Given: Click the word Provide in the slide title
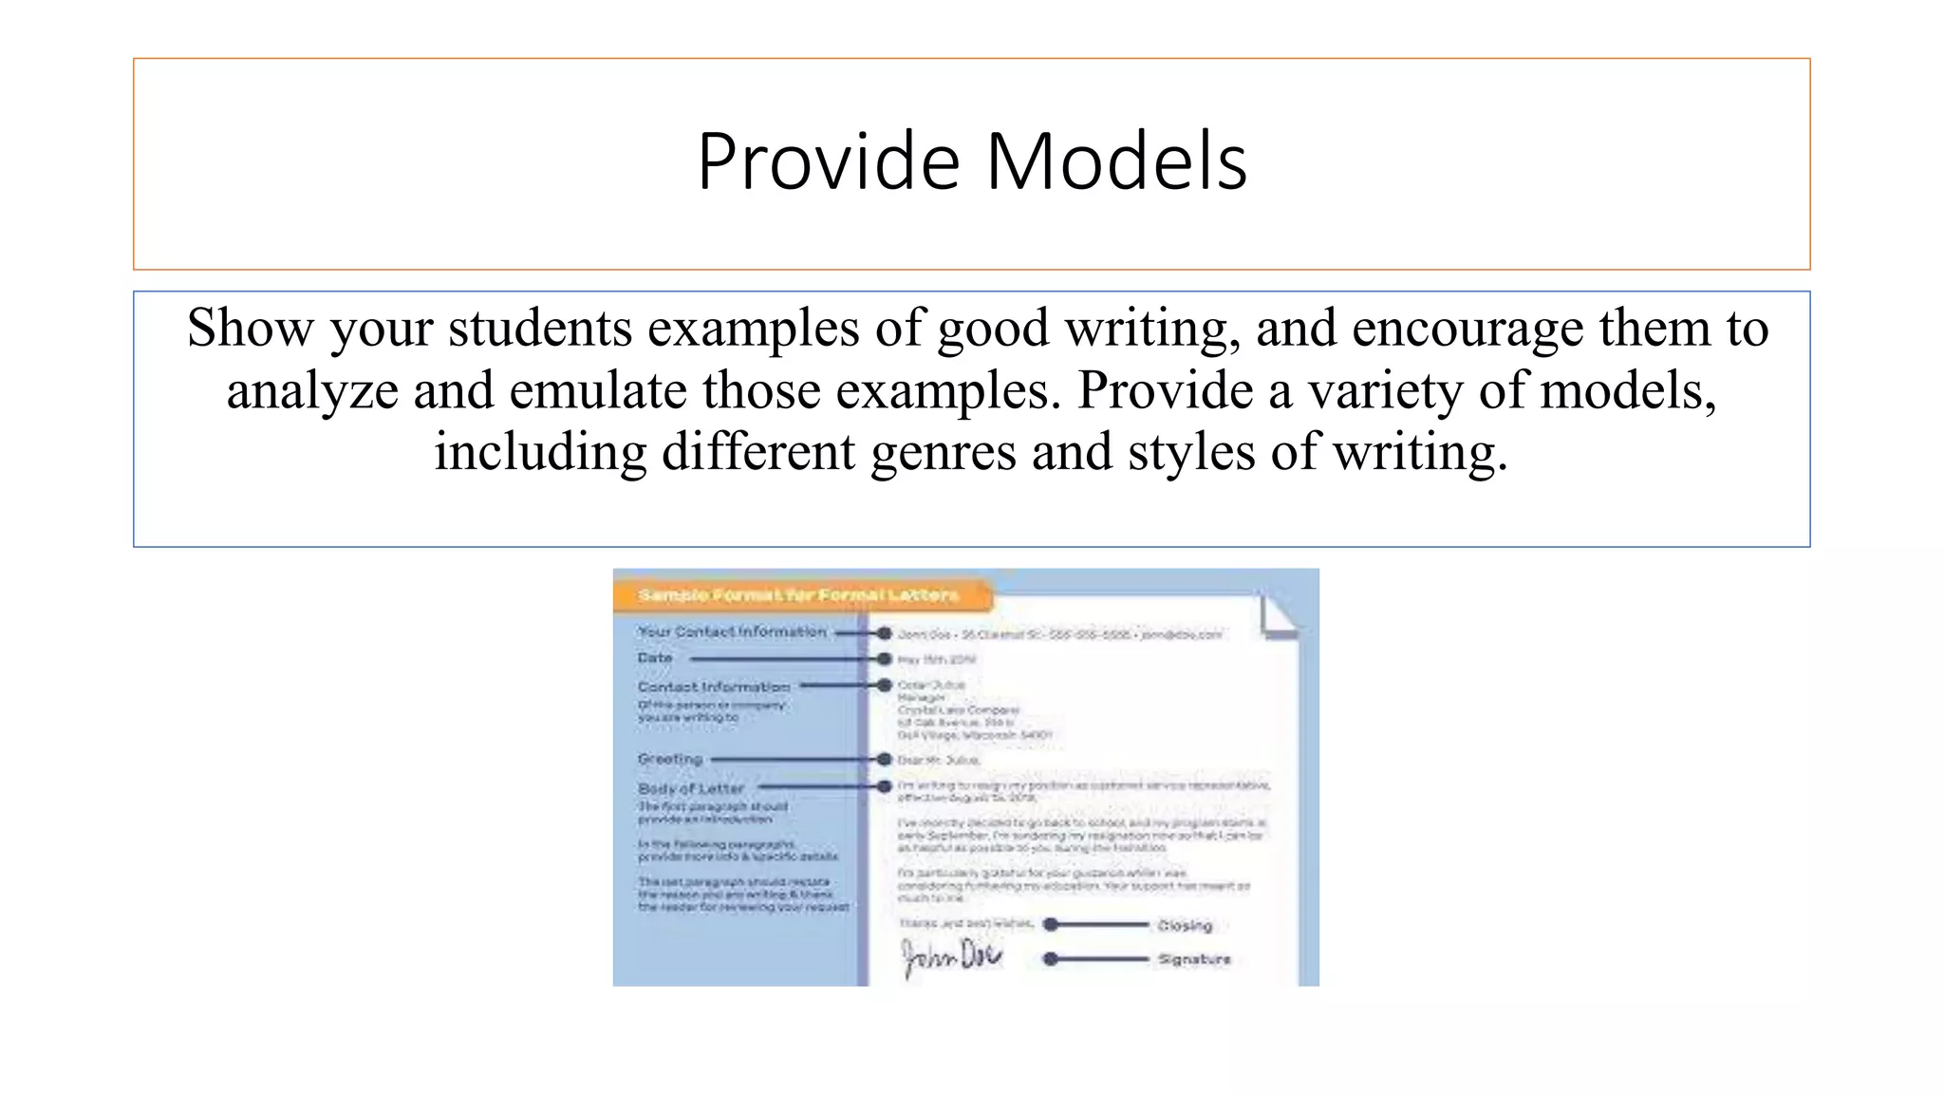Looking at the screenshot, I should (829, 161).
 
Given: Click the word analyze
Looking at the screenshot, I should (312, 391).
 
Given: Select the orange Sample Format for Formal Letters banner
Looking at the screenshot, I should (799, 595).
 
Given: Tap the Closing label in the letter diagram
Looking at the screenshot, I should (1185, 925).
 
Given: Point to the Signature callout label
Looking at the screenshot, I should (1194, 959).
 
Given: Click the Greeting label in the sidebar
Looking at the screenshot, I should (670, 759).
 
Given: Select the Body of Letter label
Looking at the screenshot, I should (691, 788).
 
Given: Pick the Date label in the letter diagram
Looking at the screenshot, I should (655, 657).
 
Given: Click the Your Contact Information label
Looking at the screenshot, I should (732, 632).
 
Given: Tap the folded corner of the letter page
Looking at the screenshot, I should (1279, 615).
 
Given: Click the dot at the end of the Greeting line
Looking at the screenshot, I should (885, 759).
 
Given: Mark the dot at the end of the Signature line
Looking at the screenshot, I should (1050, 959).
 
